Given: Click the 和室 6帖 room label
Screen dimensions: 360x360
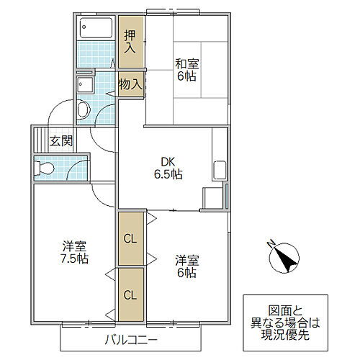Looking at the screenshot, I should tap(186, 70).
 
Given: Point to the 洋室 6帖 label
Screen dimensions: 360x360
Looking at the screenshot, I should tap(186, 266).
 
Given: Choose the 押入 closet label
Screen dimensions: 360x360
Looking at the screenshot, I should tap(130, 42).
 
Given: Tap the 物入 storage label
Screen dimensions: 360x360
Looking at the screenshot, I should tap(130, 84).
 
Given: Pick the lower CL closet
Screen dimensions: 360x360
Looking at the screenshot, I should tap(130, 294).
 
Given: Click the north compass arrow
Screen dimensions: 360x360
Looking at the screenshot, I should tap(285, 258).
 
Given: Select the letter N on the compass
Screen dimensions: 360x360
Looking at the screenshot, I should tap(269, 243).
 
